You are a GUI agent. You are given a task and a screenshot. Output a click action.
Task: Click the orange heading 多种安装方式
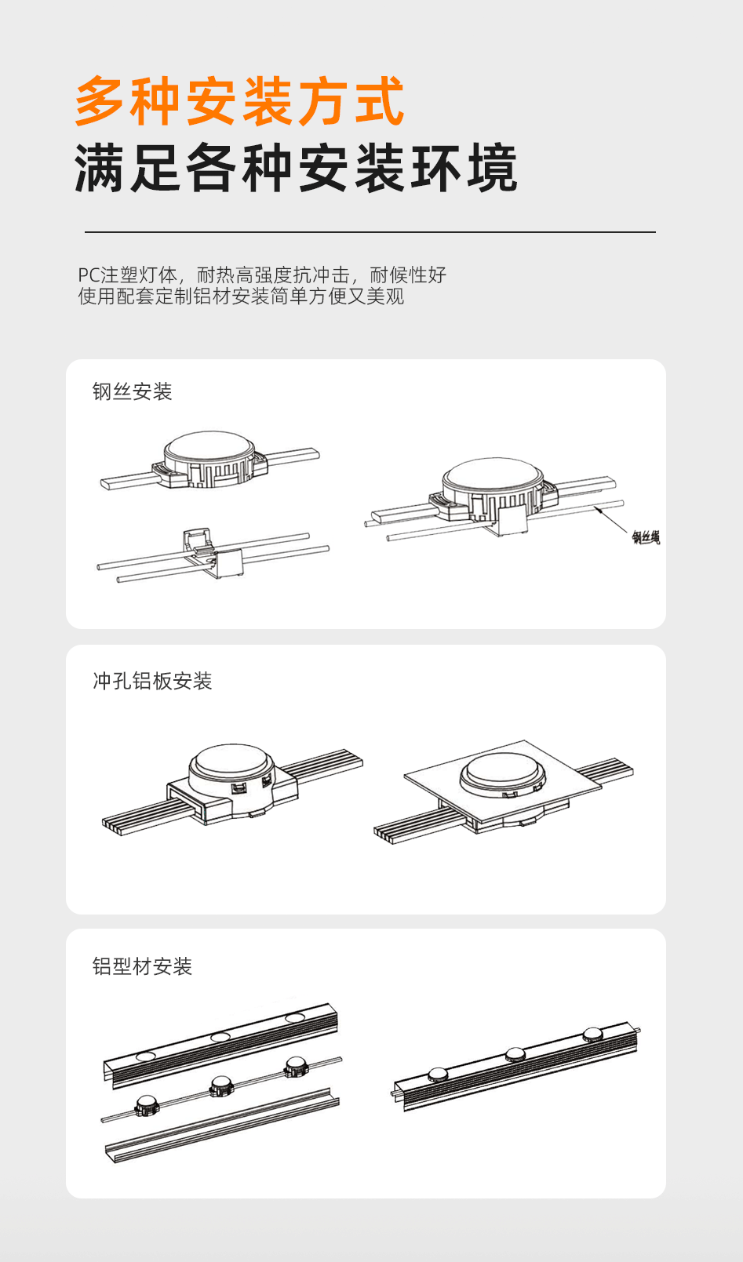click(x=239, y=102)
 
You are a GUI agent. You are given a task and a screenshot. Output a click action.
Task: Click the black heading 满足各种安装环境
click(x=296, y=169)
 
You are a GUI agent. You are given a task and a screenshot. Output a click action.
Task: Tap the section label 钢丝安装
click(x=132, y=391)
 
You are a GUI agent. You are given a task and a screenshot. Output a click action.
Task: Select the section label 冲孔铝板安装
click(x=152, y=681)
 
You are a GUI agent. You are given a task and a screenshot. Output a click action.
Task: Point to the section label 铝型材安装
click(x=142, y=966)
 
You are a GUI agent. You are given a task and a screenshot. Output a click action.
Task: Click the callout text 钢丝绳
click(x=646, y=537)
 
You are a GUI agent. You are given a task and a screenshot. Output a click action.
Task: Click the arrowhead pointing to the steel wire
click(x=599, y=510)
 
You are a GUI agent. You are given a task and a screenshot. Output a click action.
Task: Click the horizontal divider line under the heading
click(x=370, y=232)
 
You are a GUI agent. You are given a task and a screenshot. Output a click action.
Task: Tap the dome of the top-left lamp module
click(x=209, y=446)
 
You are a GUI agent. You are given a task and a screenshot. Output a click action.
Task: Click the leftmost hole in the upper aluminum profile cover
click(x=146, y=1057)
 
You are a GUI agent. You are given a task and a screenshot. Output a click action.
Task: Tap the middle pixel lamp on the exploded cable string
click(x=220, y=1086)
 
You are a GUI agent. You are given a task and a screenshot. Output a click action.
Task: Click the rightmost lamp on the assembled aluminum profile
click(x=592, y=1035)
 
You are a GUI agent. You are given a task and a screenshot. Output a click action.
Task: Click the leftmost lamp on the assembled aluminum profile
click(x=437, y=1074)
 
